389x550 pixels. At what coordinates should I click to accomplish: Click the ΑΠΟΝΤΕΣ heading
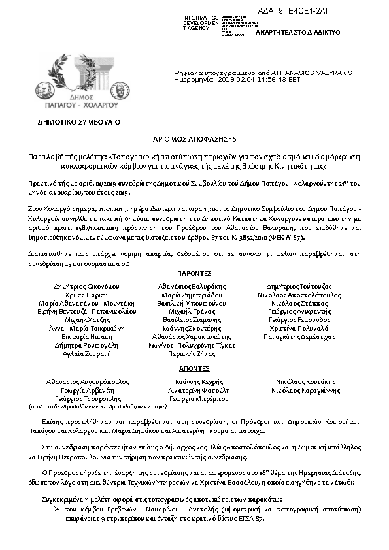[x=194, y=368]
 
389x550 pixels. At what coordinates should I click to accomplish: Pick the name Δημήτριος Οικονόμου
[x=86, y=287]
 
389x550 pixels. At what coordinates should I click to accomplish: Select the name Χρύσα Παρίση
[x=86, y=295]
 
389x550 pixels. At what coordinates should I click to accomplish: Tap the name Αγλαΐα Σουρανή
[x=86, y=353]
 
